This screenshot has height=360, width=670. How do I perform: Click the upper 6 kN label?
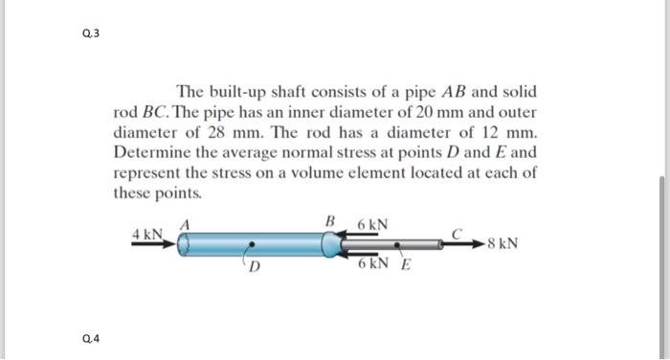(x=372, y=225)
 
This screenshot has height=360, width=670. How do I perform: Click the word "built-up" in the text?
(x=232, y=93)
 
